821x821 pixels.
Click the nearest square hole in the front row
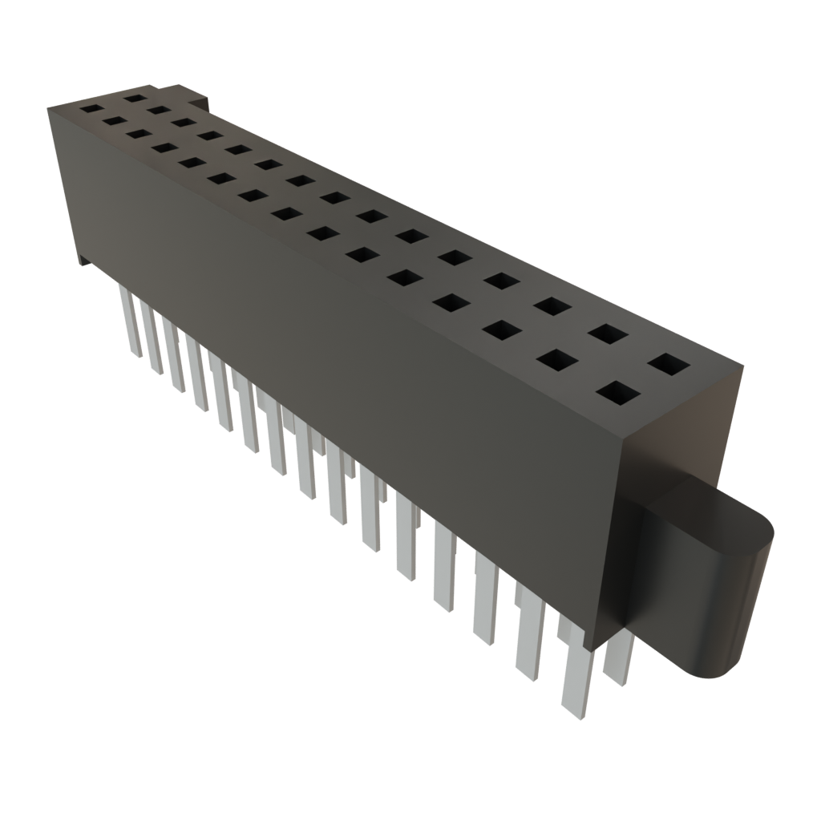pyautogui.click(x=618, y=394)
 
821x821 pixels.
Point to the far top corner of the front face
pyautogui.click(x=47, y=106)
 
